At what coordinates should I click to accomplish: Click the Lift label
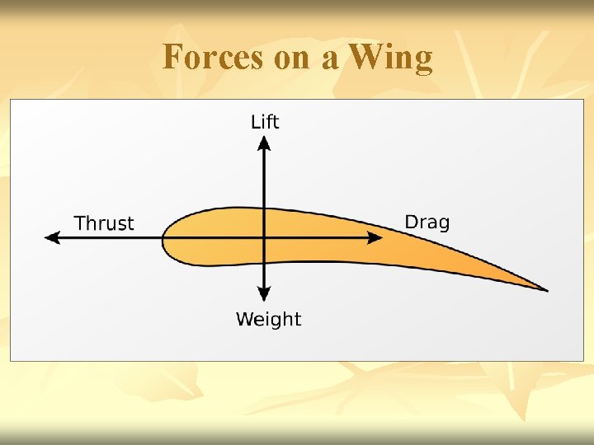[x=265, y=122]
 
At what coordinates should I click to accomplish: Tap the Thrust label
[x=104, y=223]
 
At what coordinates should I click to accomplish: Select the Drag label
[x=427, y=222]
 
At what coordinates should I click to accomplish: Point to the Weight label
[x=268, y=320]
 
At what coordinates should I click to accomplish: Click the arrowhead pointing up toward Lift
[x=264, y=144]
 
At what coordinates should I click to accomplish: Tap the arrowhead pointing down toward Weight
[x=264, y=293]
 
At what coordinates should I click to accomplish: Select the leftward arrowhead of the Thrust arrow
[x=52, y=237]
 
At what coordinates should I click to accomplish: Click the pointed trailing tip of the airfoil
[x=545, y=289]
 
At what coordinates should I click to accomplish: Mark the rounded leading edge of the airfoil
[x=163, y=240]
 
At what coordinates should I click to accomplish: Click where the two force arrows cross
[x=264, y=237]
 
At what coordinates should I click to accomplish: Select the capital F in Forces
[x=172, y=58]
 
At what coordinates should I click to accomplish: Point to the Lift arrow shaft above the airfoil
[x=264, y=177]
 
